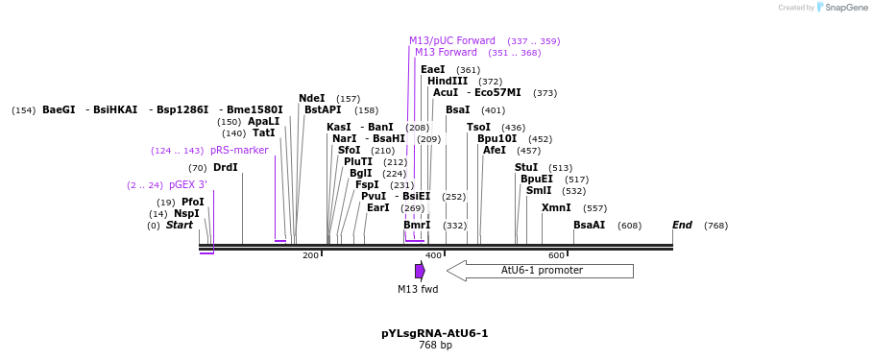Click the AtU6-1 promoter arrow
click(x=541, y=271)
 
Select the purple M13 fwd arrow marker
click(x=420, y=271)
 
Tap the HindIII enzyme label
click(x=448, y=82)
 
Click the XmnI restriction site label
click(x=556, y=207)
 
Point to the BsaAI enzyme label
click(x=589, y=225)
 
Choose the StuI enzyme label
click(x=526, y=167)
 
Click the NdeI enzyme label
click(x=312, y=98)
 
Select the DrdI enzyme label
click(x=225, y=167)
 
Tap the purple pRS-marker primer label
click(x=239, y=150)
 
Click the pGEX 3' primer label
click(x=187, y=184)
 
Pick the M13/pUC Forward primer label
click(x=452, y=40)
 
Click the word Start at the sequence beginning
click(x=180, y=225)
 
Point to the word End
click(x=682, y=225)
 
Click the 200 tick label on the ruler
click(x=310, y=255)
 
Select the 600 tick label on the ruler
click(x=556, y=255)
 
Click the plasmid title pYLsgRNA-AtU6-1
click(x=435, y=333)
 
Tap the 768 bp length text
click(x=435, y=346)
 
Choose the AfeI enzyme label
click(x=495, y=150)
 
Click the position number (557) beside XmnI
click(x=595, y=208)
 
